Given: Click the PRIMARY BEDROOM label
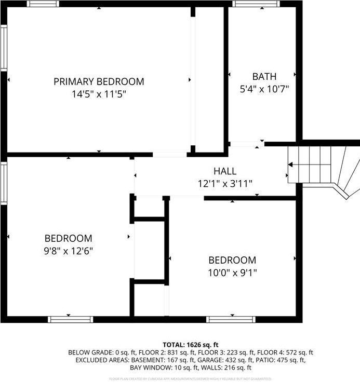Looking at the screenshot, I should tap(99, 81).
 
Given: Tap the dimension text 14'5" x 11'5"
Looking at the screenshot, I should tap(99, 94).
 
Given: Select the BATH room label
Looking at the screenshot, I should tap(264, 76).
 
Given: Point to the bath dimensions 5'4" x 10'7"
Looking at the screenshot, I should tap(264, 89).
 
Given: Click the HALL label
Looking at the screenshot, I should tap(224, 171).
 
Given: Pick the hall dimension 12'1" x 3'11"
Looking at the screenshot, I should tap(224, 183).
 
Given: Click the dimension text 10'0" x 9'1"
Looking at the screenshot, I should tap(232, 272).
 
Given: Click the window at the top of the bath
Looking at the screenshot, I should tap(256, 4).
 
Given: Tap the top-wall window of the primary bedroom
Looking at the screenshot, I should tap(43, 4).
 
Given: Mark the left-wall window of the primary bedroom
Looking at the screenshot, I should tap(3, 48).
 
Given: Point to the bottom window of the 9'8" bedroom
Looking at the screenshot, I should tap(71, 319).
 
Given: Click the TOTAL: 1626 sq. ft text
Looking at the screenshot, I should tap(191, 345).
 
